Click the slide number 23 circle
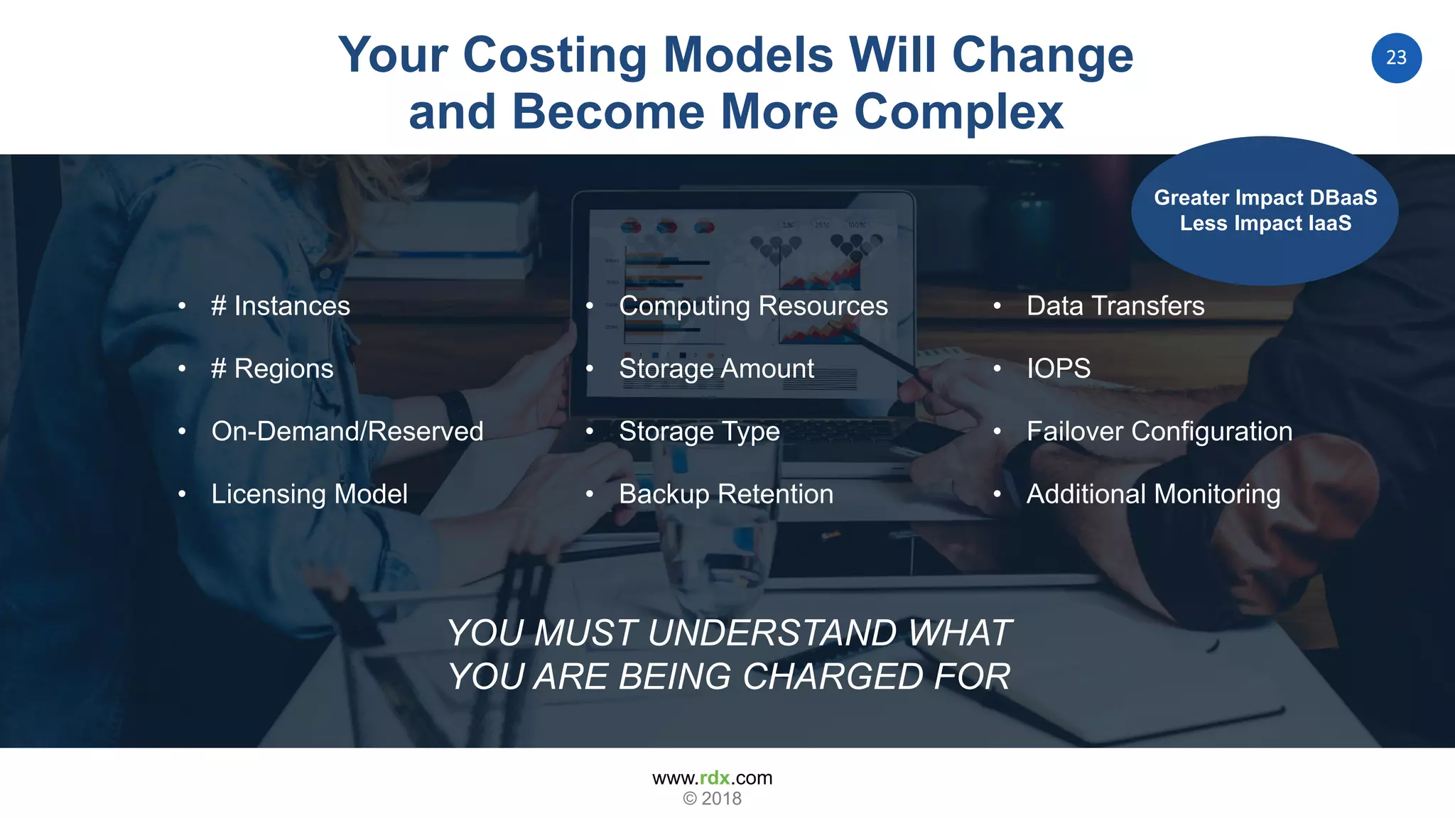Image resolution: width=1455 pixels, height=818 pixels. pos(1396,58)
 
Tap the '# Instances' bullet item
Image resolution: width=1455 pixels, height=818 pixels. pos(280,306)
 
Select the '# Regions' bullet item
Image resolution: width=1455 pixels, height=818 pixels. pos(272,369)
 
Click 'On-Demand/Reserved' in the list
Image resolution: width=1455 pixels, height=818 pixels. pos(347,431)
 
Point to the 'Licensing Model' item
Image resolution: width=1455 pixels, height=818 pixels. pos(309,494)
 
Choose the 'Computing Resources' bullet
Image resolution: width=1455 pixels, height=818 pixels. pos(753,306)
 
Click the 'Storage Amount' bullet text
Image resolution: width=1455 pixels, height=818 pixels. pos(716,369)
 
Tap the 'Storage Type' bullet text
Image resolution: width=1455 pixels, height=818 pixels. pos(699,431)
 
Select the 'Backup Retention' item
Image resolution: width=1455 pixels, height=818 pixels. pos(725,494)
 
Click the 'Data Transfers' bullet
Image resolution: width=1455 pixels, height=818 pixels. pos(1115,306)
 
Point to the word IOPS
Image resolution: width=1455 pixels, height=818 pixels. pos(1058,369)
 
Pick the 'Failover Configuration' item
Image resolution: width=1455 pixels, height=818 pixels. pos(1159,431)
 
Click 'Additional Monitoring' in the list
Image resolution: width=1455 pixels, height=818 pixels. pos(1153,494)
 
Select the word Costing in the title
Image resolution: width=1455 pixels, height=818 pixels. pos(555,55)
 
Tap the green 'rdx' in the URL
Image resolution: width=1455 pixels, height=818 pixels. pos(714,778)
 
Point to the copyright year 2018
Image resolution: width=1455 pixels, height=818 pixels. pos(721,799)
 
